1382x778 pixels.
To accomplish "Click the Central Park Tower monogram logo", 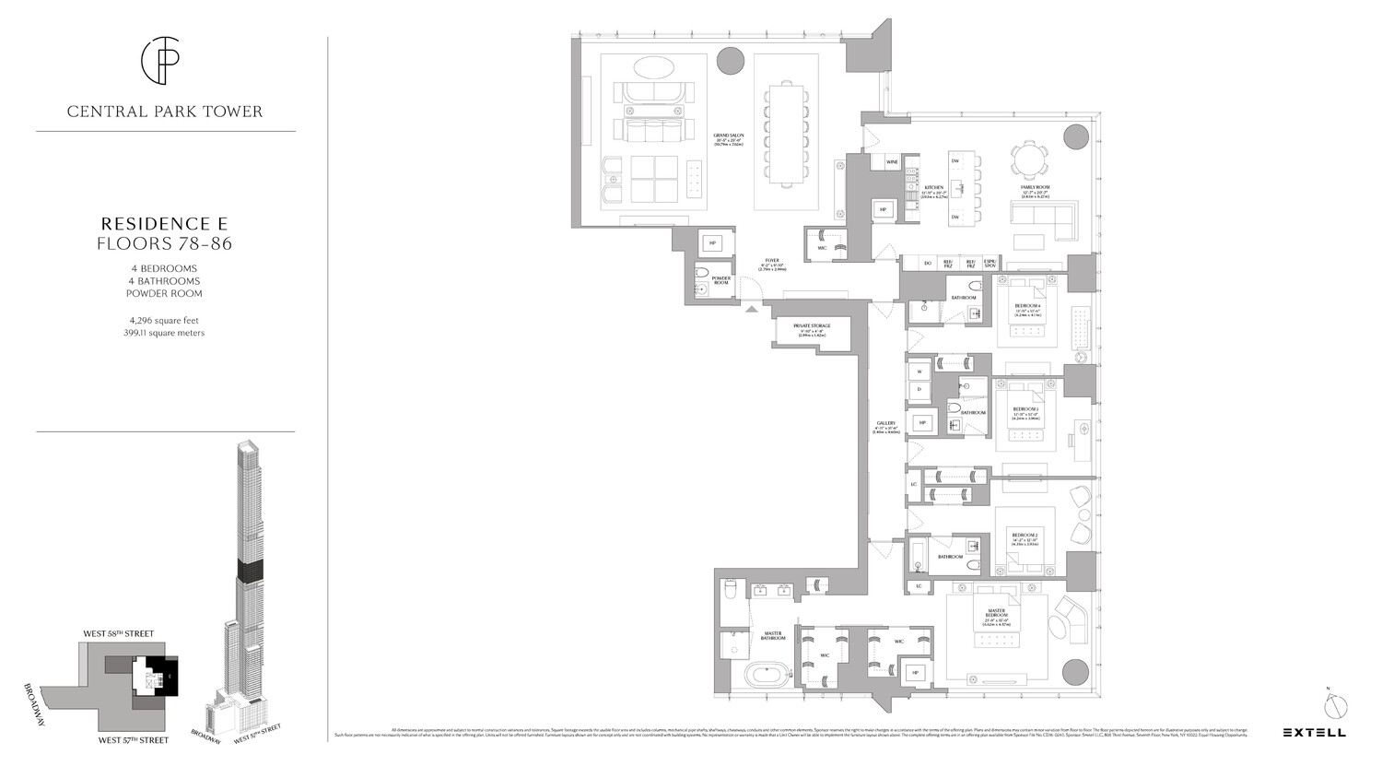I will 165,61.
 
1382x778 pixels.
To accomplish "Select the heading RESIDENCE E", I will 165,224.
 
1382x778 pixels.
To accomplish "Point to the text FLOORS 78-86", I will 165,244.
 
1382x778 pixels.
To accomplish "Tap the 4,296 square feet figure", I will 165,320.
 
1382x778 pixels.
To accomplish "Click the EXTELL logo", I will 1314,733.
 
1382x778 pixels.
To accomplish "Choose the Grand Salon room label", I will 728,139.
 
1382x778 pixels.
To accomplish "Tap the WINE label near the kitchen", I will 891,162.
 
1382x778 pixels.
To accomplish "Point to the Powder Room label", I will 720,280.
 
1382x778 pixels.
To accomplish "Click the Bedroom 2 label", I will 1025,536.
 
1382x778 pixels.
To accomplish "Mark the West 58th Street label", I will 119,634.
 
